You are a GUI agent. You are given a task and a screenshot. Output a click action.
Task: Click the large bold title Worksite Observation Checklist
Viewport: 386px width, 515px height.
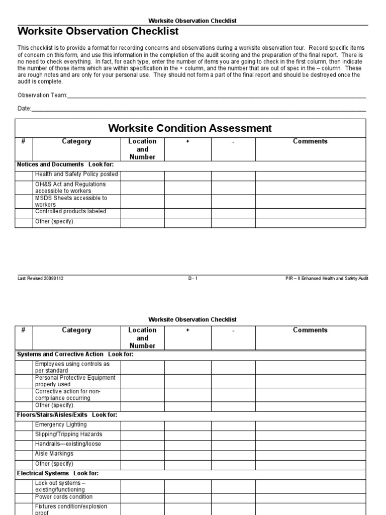pos(98,32)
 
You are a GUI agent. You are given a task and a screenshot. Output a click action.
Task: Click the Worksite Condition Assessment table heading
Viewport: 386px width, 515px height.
pos(190,128)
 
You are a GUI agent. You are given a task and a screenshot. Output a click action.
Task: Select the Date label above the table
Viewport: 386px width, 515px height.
pos(24,108)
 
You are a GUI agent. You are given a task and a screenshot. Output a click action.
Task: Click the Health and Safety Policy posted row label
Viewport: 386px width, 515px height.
pos(76,175)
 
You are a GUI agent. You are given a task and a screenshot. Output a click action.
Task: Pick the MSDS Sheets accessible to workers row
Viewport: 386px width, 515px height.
pos(71,201)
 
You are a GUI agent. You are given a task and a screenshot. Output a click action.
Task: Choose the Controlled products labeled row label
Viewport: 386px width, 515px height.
pos(70,212)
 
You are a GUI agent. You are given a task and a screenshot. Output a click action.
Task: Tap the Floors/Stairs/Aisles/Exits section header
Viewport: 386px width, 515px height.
pos(66,415)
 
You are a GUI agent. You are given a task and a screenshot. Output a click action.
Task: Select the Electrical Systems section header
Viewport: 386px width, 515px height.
pos(58,473)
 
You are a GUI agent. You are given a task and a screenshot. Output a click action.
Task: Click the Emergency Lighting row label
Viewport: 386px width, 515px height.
pos(61,425)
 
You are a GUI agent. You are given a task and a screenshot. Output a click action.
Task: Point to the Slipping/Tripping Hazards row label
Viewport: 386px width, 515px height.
pos(68,435)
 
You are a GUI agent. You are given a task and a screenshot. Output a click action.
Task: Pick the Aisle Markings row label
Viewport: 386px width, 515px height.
pos(54,454)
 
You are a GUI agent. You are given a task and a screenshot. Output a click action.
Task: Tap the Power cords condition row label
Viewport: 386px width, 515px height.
pos(64,497)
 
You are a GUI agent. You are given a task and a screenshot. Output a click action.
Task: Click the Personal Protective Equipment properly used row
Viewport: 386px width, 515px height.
pos(75,381)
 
